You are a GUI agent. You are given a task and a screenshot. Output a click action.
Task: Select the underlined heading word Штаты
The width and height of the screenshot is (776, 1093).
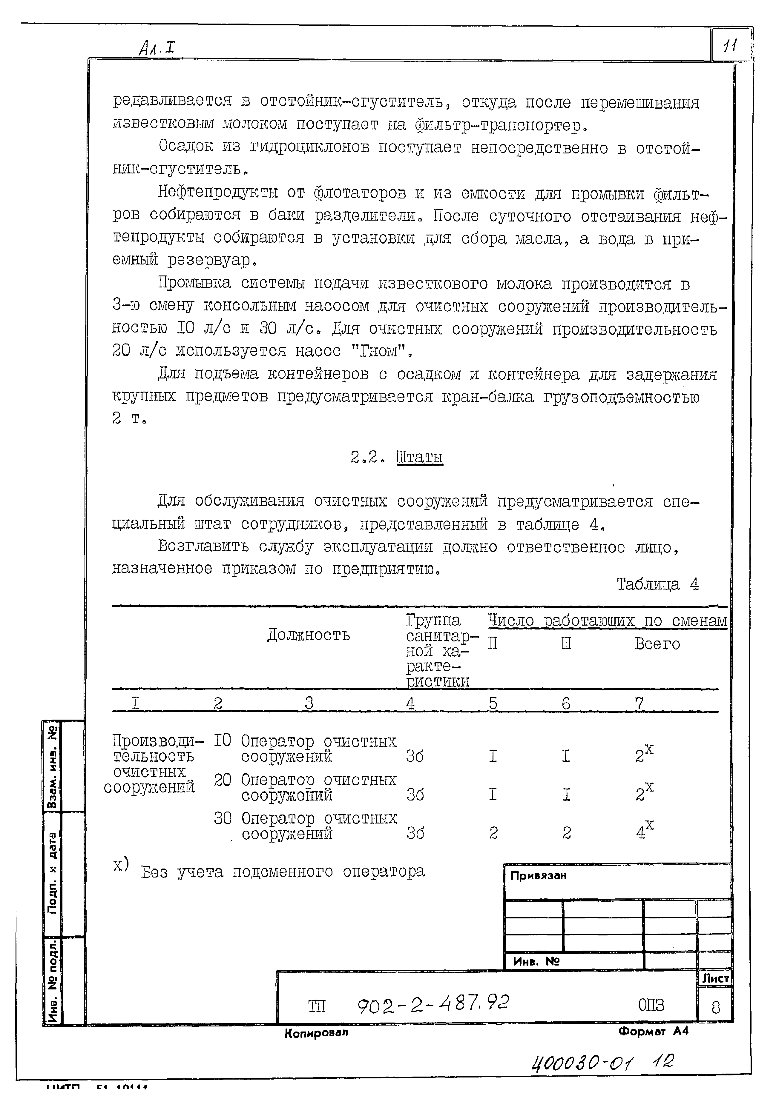click(x=420, y=458)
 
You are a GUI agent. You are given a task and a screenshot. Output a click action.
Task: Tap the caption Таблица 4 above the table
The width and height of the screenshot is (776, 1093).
click(x=657, y=584)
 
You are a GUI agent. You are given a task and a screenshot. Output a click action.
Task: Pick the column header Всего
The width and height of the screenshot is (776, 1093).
click(x=657, y=644)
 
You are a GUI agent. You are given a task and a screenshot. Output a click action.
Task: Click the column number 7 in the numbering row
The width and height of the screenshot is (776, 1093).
click(x=639, y=703)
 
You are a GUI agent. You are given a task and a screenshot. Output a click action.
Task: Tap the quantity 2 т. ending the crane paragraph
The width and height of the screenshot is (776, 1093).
click(x=129, y=419)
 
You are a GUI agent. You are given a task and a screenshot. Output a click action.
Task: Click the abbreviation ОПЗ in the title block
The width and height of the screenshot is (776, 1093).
click(x=651, y=1006)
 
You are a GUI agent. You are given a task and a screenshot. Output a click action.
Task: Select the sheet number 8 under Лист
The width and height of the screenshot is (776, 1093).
click(x=715, y=1008)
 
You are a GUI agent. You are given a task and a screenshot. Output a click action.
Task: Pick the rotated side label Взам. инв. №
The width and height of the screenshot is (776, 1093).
click(x=53, y=767)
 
